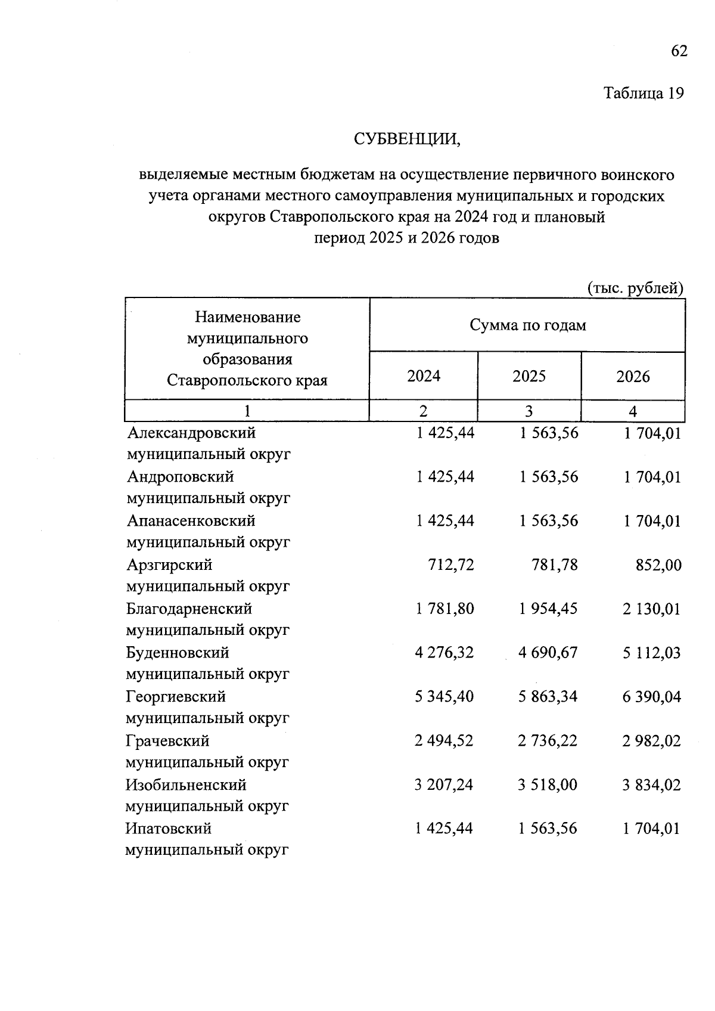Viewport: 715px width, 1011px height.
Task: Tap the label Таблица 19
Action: (x=643, y=94)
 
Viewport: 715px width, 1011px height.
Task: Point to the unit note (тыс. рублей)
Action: (x=635, y=289)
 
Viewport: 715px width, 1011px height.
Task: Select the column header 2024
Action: (x=424, y=376)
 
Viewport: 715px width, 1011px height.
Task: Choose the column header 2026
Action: (x=633, y=377)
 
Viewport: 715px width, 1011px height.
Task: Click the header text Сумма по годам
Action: (x=527, y=325)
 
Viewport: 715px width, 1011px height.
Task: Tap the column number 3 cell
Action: (x=529, y=411)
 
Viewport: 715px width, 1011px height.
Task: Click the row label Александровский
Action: (x=191, y=433)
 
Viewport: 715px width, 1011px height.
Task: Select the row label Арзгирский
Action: (x=169, y=565)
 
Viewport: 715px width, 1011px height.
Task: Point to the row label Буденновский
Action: (x=178, y=653)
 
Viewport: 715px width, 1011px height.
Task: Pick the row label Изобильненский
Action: (x=186, y=784)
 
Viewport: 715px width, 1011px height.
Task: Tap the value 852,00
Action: (x=659, y=565)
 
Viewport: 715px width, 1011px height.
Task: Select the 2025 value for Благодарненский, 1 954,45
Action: (x=548, y=609)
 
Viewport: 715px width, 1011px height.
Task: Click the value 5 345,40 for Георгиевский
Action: (x=444, y=697)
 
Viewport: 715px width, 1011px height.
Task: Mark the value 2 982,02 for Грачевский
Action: (x=652, y=741)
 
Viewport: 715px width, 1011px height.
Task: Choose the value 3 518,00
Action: (x=548, y=785)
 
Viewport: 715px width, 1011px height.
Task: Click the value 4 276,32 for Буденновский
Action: (x=444, y=653)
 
